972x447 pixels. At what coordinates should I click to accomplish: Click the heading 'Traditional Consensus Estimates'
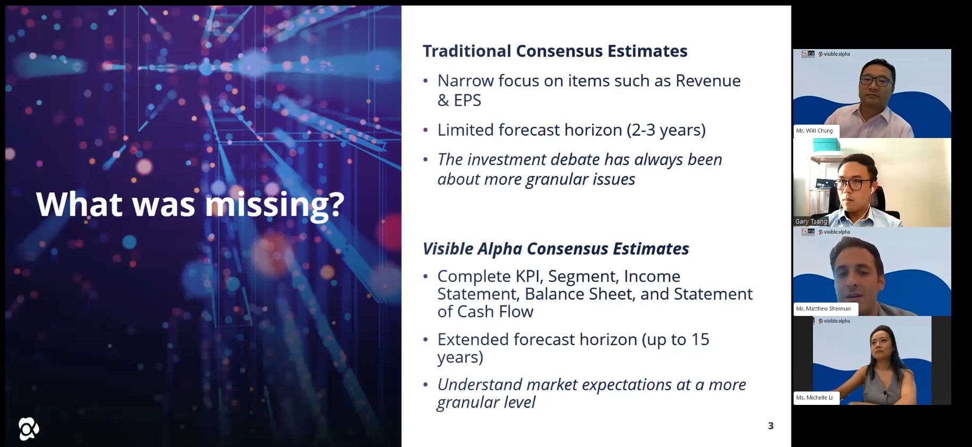(555, 51)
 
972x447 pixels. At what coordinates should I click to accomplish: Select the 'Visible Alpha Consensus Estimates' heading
(556, 249)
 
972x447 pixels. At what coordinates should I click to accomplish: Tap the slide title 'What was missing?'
(190, 204)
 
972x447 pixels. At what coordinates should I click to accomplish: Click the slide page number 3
(771, 426)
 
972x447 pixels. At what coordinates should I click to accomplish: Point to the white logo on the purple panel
(29, 429)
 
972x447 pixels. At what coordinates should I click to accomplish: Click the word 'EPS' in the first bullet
(467, 100)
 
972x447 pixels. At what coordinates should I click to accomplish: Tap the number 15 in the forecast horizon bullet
(701, 339)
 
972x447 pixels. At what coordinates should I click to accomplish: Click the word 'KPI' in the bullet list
(527, 277)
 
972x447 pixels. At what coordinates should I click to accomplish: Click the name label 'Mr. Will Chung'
(814, 131)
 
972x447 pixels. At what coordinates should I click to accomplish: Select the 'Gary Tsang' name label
(811, 222)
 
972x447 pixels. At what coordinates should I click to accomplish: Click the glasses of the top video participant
(876, 81)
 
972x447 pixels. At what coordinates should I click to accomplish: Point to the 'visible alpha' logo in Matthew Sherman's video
(834, 232)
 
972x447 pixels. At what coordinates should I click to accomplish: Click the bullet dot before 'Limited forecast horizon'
(425, 130)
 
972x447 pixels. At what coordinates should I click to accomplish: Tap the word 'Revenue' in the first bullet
(708, 81)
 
